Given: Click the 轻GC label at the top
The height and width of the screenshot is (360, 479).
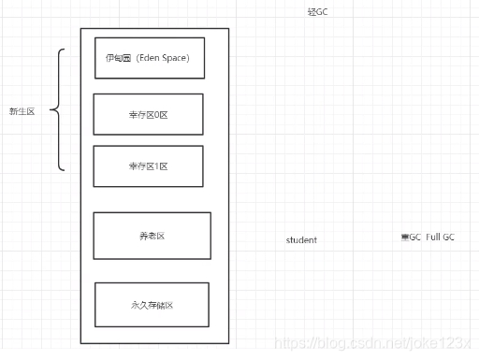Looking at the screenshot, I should (x=318, y=11).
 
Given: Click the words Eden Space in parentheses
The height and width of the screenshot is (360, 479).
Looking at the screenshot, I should (x=165, y=58).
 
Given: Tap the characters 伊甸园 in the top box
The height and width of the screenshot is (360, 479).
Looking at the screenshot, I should (x=119, y=58).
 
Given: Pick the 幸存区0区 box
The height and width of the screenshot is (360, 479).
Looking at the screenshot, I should (x=148, y=114).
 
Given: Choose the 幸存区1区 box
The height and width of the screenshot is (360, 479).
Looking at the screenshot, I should (x=148, y=166).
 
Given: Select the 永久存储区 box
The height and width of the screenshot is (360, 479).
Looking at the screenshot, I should (x=152, y=304).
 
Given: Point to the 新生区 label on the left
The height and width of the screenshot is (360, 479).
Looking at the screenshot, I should (x=22, y=111).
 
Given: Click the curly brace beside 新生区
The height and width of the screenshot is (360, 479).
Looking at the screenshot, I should (x=57, y=111).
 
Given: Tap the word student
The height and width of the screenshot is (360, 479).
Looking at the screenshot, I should (x=301, y=240).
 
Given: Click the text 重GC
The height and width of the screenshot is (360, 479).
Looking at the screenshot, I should (x=411, y=238).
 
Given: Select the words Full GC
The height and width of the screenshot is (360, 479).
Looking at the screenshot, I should (x=441, y=238).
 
